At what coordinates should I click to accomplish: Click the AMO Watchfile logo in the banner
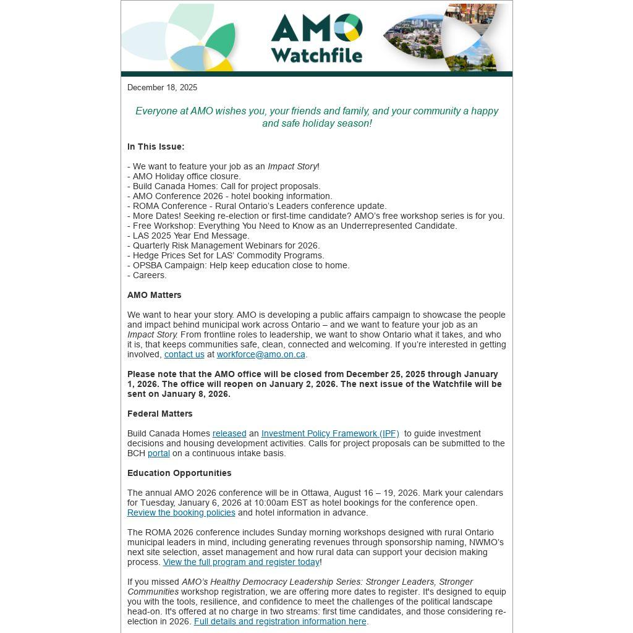pyautogui.click(x=316, y=38)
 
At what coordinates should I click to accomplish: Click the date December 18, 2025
pyautogui.click(x=162, y=88)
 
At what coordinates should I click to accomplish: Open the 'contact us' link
pyautogui.click(x=184, y=355)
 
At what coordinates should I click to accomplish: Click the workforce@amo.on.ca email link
pyautogui.click(x=261, y=355)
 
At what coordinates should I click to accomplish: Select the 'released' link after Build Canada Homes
pyautogui.click(x=229, y=434)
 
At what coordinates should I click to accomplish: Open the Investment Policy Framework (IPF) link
pyautogui.click(x=330, y=434)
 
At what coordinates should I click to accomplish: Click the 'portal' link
pyautogui.click(x=158, y=454)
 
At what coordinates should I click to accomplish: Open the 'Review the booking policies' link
pyautogui.click(x=181, y=513)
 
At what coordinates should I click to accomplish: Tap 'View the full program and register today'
pyautogui.click(x=241, y=563)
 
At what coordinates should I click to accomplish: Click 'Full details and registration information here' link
pyautogui.click(x=280, y=622)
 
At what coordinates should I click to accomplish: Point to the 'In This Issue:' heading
pyautogui.click(x=156, y=147)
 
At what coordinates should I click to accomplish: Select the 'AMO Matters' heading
pyautogui.click(x=155, y=295)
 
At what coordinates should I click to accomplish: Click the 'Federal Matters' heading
pyautogui.click(x=160, y=414)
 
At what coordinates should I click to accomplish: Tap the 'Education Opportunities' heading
pyautogui.click(x=179, y=474)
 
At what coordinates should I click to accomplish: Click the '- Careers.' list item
pyautogui.click(x=147, y=276)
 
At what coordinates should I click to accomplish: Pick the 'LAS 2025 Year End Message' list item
pyautogui.click(x=189, y=236)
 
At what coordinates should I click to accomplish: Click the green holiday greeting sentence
pyautogui.click(x=316, y=117)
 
